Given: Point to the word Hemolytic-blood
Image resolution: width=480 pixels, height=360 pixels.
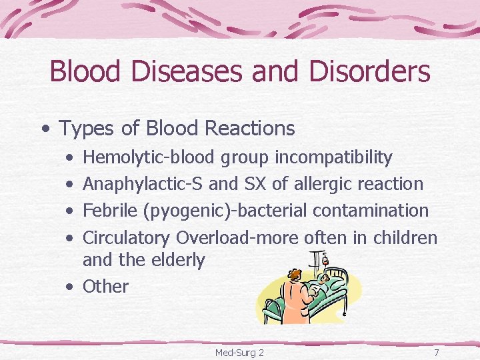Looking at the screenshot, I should tap(149, 157).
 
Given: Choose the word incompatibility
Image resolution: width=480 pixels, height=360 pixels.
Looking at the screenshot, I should tap(333, 157).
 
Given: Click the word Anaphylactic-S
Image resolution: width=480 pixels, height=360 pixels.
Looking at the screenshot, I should tap(144, 183).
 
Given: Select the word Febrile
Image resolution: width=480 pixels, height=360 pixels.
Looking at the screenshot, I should tap(110, 210).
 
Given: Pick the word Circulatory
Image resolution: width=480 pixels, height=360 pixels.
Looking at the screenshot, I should tap(127, 237).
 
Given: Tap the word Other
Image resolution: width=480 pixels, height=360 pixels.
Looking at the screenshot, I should tap(105, 286).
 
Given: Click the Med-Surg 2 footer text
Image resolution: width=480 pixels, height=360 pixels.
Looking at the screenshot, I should tap(239, 351).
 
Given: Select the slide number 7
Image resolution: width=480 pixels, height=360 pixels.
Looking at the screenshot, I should tap(436, 351).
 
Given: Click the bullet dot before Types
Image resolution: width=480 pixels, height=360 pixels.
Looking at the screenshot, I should tap(43, 127).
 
